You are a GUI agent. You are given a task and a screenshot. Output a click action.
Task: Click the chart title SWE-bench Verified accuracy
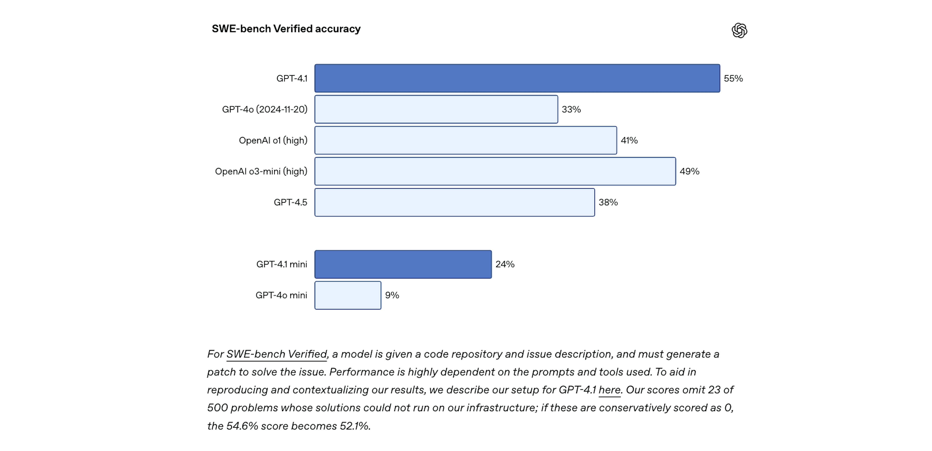point(286,29)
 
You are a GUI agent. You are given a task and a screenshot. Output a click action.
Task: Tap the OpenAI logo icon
point(739,30)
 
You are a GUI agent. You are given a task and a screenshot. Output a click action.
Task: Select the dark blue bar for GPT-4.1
point(517,78)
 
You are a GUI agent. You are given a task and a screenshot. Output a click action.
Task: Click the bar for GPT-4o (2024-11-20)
point(436,109)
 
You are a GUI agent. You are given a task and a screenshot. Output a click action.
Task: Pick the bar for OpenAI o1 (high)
point(466,140)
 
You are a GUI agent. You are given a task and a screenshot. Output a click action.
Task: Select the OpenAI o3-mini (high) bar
point(495,172)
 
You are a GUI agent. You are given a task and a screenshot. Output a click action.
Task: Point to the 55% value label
point(733,78)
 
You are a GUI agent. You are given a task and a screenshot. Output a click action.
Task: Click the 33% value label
point(571,109)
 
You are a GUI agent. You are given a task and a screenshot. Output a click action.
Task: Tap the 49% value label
point(689,172)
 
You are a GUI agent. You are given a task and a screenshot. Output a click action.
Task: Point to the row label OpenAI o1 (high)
point(273,140)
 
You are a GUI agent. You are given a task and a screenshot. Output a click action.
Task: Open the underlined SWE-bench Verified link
point(277,354)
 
